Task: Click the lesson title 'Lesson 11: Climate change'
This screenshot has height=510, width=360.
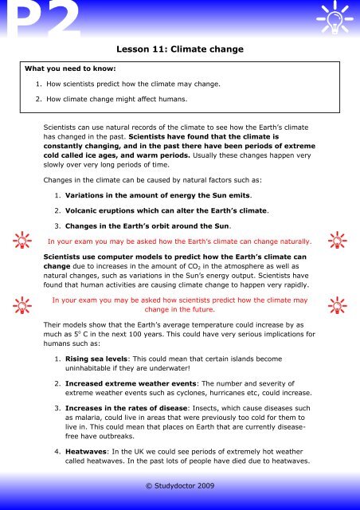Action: (179, 49)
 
